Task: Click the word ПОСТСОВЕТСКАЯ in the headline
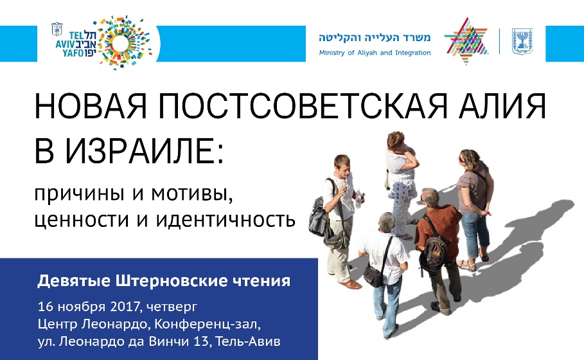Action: pyautogui.click(x=303, y=105)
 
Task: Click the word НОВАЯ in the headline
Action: pyautogui.click(x=91, y=105)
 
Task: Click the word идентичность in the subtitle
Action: pyautogui.click(x=226, y=219)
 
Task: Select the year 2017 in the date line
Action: pyautogui.click(x=125, y=307)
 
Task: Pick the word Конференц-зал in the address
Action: pyautogui.click(x=207, y=324)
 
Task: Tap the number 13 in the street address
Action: pyautogui.click(x=200, y=341)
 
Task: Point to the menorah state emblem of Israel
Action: pyautogui.click(x=522, y=41)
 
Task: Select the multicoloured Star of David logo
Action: pyautogui.click(x=466, y=40)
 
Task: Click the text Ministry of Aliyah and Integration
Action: pyautogui.click(x=375, y=53)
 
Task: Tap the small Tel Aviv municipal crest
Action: pyautogui.click(x=57, y=29)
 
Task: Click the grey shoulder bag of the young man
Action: pyautogui.click(x=318, y=216)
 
